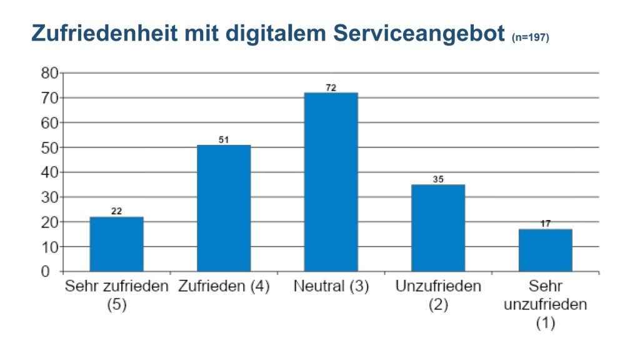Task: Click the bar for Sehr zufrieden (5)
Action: pos(116,244)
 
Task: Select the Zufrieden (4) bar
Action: pos(224,209)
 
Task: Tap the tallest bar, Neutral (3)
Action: pos(331,182)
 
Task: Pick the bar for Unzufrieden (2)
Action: pos(437,228)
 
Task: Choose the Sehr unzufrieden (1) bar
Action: pos(545,251)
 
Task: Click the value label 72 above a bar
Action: pos(331,88)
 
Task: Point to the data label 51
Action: pos(224,140)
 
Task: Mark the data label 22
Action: pos(116,212)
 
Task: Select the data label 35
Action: pos(437,179)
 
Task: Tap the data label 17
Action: pos(545,224)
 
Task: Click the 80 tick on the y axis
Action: pos(50,73)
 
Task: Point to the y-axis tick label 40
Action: pos(50,172)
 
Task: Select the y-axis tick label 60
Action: pos(50,123)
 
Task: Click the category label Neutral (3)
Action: pos(331,287)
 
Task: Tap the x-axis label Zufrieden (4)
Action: pos(224,287)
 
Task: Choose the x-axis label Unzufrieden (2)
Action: pos(437,296)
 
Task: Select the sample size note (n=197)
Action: pos(530,38)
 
